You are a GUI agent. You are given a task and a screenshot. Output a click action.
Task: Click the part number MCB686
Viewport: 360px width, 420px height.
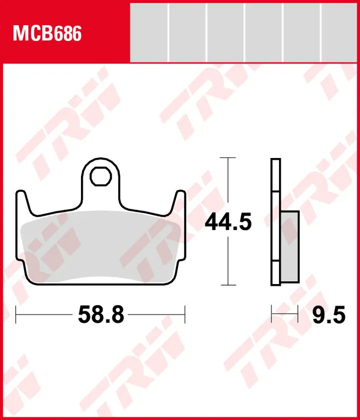[x=47, y=35]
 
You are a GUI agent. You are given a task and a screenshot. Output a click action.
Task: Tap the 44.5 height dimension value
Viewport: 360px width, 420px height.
[x=228, y=222]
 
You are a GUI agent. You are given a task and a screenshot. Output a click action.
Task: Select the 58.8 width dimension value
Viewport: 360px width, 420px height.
[x=101, y=315]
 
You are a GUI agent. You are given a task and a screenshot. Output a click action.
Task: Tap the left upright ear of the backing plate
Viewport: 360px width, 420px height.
[x=22, y=202]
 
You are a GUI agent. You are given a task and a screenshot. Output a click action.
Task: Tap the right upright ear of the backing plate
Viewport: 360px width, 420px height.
[x=180, y=202]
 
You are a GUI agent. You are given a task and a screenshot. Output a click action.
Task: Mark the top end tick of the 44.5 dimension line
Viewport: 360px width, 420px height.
[x=228, y=157]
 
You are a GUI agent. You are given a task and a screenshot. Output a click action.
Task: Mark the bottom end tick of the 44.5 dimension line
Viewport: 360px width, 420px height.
[x=228, y=286]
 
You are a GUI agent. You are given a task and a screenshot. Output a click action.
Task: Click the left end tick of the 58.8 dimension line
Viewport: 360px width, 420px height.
[x=16, y=315]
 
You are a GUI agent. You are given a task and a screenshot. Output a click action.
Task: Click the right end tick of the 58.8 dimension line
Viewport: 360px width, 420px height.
[x=186, y=315]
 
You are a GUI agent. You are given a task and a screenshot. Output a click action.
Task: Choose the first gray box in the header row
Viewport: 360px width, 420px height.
[x=149, y=31]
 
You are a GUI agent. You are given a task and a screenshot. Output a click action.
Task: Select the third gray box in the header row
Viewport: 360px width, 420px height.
[x=225, y=31]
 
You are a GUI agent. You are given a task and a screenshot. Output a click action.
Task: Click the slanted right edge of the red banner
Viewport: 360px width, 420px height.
[x=129, y=31]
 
